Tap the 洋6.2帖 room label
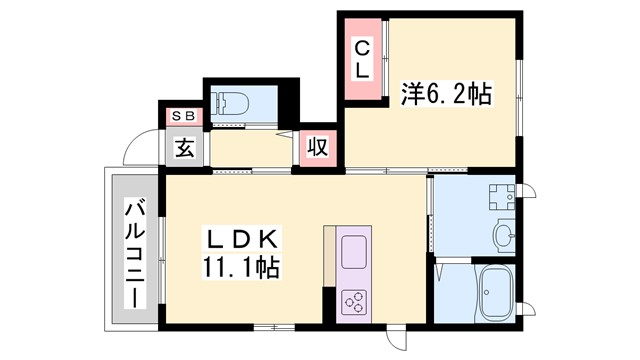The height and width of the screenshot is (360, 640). pyautogui.click(x=447, y=95)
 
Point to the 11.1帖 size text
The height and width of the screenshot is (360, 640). pyautogui.click(x=243, y=268)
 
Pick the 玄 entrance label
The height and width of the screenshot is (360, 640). pyautogui.click(x=185, y=148)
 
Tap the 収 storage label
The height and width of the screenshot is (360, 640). pyautogui.click(x=317, y=148)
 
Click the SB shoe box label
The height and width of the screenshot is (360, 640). pyautogui.click(x=184, y=116)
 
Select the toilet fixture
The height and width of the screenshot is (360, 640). pyautogui.click(x=232, y=102)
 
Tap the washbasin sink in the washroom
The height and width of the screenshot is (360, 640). pyautogui.click(x=502, y=236)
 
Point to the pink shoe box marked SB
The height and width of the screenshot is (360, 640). pyautogui.click(x=184, y=116)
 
